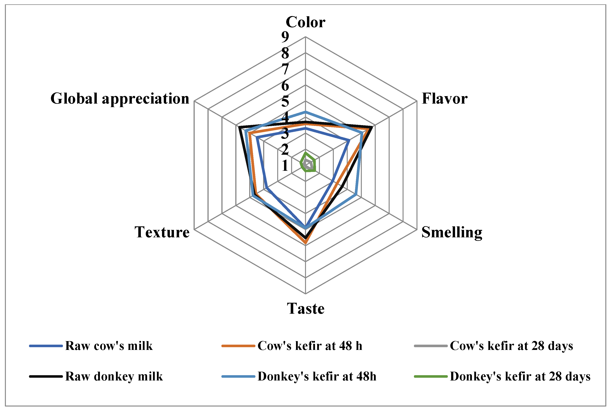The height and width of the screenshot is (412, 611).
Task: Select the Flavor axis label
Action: [x=444, y=99]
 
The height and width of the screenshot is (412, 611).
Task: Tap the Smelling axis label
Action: [x=452, y=232]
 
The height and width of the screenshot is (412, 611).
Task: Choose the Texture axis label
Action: [x=162, y=232]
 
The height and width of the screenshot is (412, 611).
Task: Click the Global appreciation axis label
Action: [x=120, y=99]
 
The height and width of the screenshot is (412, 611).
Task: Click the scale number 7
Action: [x=285, y=69]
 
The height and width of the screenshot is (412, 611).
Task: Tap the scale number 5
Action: [x=285, y=101]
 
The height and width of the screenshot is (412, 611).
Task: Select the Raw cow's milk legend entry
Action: [x=109, y=346]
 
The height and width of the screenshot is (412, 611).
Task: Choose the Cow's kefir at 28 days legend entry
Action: [x=511, y=346]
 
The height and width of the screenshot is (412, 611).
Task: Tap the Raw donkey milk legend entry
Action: [x=114, y=376]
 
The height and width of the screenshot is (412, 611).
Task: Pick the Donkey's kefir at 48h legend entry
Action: [x=317, y=376]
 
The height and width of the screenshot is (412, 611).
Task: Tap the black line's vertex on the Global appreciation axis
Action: [x=239, y=127]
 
